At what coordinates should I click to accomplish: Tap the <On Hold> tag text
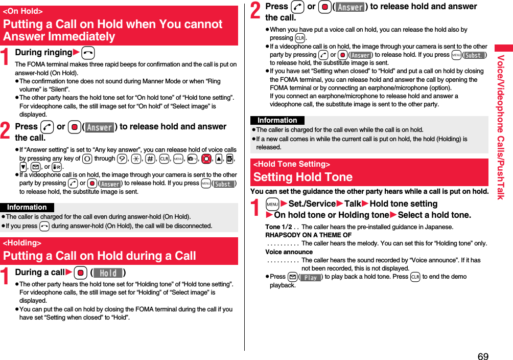pyautogui.click(x=23, y=11)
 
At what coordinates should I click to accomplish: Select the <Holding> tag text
pyautogui.click(x=22, y=243)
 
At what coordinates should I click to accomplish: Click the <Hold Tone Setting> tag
pyautogui.click(x=292, y=164)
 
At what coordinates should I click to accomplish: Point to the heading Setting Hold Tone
pyautogui.click(x=303, y=177)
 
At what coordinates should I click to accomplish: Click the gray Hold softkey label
pyautogui.click(x=108, y=273)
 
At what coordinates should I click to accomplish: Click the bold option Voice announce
pyautogui.click(x=289, y=252)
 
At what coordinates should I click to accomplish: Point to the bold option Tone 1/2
pyautogui.click(x=278, y=227)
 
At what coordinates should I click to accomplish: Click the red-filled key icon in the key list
pyautogui.click(x=206, y=159)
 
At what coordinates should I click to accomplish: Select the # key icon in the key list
pyautogui.click(x=150, y=159)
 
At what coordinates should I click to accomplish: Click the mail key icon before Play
pyautogui.click(x=292, y=277)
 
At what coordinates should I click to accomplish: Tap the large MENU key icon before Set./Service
pyautogui.click(x=272, y=204)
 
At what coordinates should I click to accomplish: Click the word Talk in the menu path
pyautogui.click(x=353, y=204)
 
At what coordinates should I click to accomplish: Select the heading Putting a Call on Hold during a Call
pyautogui.click(x=100, y=255)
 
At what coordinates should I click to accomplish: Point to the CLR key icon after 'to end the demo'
pyautogui.click(x=415, y=277)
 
